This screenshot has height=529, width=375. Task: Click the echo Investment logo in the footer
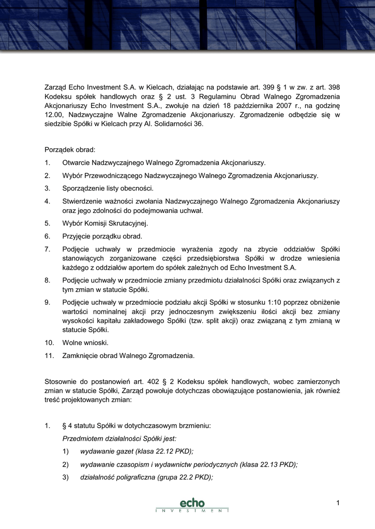tap(192, 505)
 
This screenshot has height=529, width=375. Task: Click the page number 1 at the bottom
tap(337, 503)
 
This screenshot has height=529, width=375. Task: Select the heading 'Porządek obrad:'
tap(70, 150)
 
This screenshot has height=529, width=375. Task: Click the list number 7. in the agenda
tap(48, 249)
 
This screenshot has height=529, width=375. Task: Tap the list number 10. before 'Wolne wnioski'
tap(49, 343)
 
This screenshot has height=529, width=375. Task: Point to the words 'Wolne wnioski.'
tap(85, 343)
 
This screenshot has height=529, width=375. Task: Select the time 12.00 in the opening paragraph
tap(53, 115)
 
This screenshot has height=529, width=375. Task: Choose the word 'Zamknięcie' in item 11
tap(82, 355)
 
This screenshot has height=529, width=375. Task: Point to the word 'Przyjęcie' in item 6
tap(77, 236)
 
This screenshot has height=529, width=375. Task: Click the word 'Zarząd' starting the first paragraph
tap(56, 87)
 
